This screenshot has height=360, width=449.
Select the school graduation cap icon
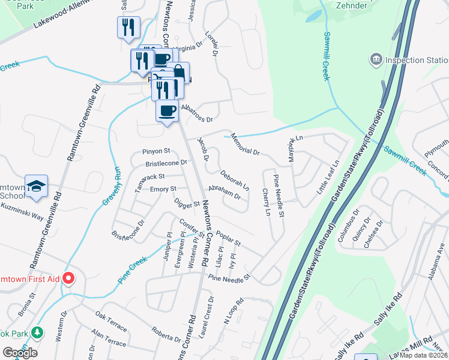37,186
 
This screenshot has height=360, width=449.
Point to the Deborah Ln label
234,179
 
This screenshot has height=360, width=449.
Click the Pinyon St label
157,151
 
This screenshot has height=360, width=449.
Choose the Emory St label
163,190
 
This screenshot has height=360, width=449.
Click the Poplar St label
228,238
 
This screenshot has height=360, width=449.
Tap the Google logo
20,352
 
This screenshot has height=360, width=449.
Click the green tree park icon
38,332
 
